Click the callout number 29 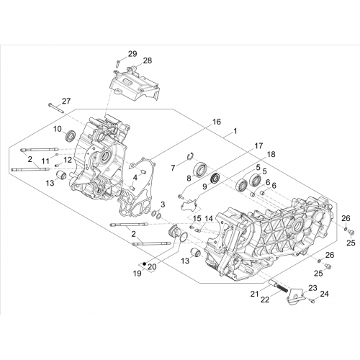click(132, 54)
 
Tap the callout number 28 click(148, 60)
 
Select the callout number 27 click(66, 101)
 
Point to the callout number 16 click(216, 122)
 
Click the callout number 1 click(235, 131)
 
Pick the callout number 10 click(58, 129)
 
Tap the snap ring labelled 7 click(191, 156)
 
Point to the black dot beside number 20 click(144, 264)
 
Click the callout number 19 click(138, 274)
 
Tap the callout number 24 click(324, 294)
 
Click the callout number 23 click(313, 288)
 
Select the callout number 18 click(271, 155)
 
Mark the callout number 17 click(258, 145)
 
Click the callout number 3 click(163, 204)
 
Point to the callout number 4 click(135, 178)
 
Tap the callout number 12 click(68, 160)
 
